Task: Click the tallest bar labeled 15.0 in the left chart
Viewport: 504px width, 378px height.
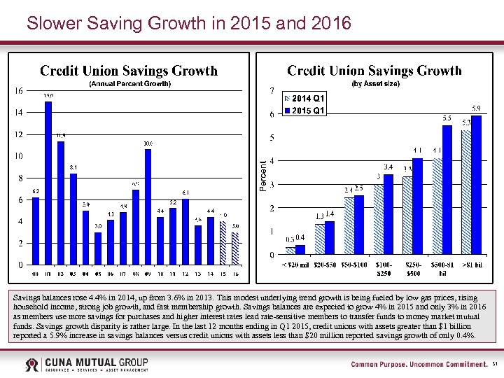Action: pos(48,183)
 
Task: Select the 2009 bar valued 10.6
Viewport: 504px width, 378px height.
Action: pos(148,207)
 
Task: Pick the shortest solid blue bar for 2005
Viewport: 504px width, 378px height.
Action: pos(98,248)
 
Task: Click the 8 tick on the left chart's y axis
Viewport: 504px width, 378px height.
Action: pos(21,178)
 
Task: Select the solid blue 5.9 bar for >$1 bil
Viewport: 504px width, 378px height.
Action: pos(477,185)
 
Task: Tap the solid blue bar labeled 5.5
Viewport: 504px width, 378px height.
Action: pos(447,190)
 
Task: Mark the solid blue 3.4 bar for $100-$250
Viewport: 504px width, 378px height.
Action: pos(388,215)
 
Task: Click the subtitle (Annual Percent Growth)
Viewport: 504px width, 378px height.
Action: pos(129,84)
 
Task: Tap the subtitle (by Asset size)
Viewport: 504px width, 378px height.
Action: pos(375,84)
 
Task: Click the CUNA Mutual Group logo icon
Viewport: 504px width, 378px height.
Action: pos(32,365)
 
